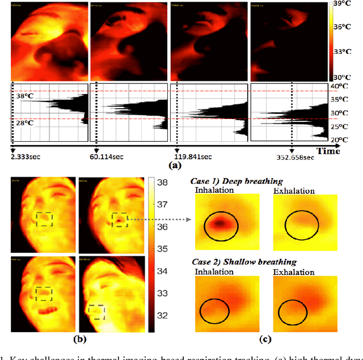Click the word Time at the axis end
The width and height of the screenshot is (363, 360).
(328, 151)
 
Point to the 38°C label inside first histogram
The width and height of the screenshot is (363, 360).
(24, 96)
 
